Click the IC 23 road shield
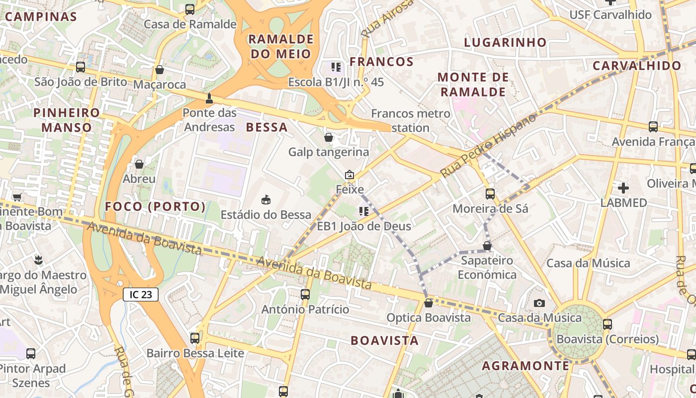(141, 295)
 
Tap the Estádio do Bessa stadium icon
(266, 200)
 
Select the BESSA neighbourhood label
(267, 127)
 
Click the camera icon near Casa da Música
(539, 303)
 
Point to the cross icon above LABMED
(623, 188)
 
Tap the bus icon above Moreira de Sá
(490, 194)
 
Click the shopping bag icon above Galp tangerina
(329, 137)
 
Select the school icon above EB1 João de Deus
(364, 211)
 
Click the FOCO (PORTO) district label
(155, 206)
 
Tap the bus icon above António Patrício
(305, 295)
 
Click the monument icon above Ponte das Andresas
(209, 98)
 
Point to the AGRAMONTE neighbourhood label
(525, 366)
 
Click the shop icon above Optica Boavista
(428, 303)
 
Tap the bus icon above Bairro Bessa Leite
(195, 338)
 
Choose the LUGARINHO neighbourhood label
(505, 43)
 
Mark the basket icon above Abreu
(139, 164)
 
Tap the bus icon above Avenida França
(653, 127)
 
